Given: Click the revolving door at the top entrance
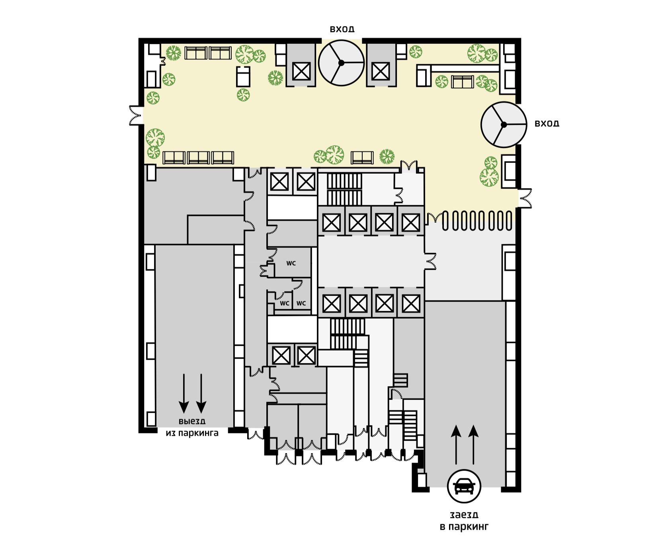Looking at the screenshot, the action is click(341, 63).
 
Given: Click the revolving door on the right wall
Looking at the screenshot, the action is click(504, 125).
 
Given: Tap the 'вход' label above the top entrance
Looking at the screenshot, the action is click(342, 29).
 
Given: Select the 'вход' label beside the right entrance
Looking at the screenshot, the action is click(547, 123).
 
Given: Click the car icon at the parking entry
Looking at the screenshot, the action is click(464, 486).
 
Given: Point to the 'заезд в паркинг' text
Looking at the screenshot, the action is click(464, 521).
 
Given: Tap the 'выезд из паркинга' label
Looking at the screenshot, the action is click(192, 427).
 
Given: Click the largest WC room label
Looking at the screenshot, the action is click(291, 263).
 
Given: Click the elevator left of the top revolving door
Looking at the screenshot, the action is click(301, 72).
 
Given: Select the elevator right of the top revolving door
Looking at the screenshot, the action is click(381, 72).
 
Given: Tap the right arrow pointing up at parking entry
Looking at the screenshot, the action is click(473, 444).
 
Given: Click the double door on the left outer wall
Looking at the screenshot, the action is click(136, 116).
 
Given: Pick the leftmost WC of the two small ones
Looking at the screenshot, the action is click(284, 303).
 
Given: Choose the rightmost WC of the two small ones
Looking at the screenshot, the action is click(301, 303).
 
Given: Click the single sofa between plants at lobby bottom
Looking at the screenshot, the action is click(362, 158).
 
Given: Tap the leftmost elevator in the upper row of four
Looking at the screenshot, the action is click(331, 222).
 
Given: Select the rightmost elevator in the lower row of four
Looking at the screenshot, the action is click(411, 304).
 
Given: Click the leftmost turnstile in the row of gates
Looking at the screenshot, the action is click(445, 221).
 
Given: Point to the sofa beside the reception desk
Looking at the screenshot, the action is click(462, 82).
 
